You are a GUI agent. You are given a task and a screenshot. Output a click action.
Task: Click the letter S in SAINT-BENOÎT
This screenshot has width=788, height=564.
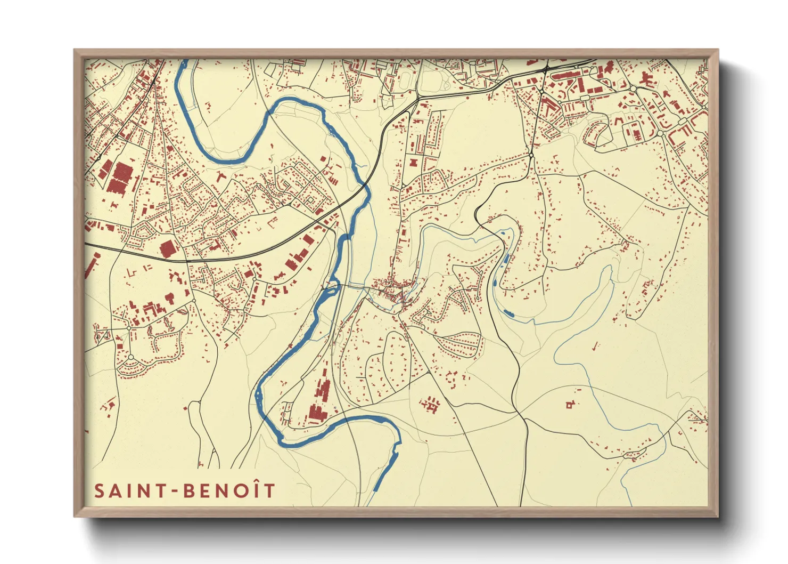point(99,490)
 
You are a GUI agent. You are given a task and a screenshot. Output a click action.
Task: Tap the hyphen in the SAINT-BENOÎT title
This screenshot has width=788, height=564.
point(175,492)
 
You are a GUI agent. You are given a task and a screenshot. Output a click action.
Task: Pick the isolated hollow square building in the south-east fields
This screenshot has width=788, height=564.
point(569,406)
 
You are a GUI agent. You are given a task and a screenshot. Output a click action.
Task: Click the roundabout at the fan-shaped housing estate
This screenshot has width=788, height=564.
point(130,357)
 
